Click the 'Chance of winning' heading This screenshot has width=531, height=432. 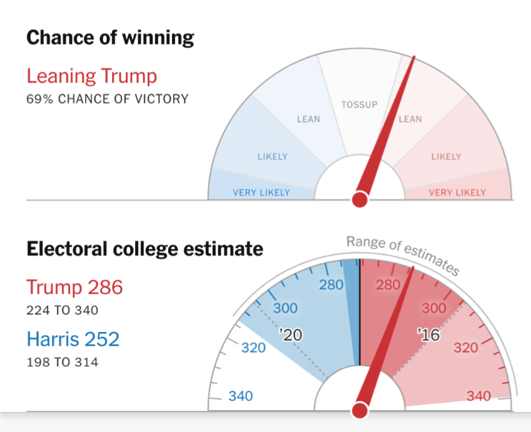(x=110, y=38)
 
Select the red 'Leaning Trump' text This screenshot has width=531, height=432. (x=91, y=76)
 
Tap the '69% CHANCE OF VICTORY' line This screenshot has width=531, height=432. (x=107, y=99)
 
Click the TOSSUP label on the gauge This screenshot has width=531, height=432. (x=359, y=104)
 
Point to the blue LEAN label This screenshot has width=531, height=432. (x=308, y=119)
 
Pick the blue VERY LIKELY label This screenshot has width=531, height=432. (x=261, y=193)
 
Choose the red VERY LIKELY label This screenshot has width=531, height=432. (x=457, y=193)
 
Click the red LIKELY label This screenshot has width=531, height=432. (x=446, y=156)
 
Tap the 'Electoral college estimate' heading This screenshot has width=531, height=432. (x=144, y=249)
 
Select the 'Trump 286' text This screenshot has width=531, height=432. (x=74, y=288)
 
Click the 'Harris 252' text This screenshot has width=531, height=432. (x=73, y=339)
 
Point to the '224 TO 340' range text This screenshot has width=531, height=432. (x=62, y=310)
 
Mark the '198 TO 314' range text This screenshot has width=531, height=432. (x=62, y=361)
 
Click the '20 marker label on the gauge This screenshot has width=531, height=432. (x=291, y=336)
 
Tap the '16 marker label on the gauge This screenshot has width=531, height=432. (x=428, y=335)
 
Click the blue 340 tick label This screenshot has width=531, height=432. (x=241, y=396)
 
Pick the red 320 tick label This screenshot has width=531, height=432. (x=466, y=348)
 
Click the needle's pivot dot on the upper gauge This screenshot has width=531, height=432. (x=360, y=199)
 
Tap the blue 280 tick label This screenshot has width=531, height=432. (x=331, y=285)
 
